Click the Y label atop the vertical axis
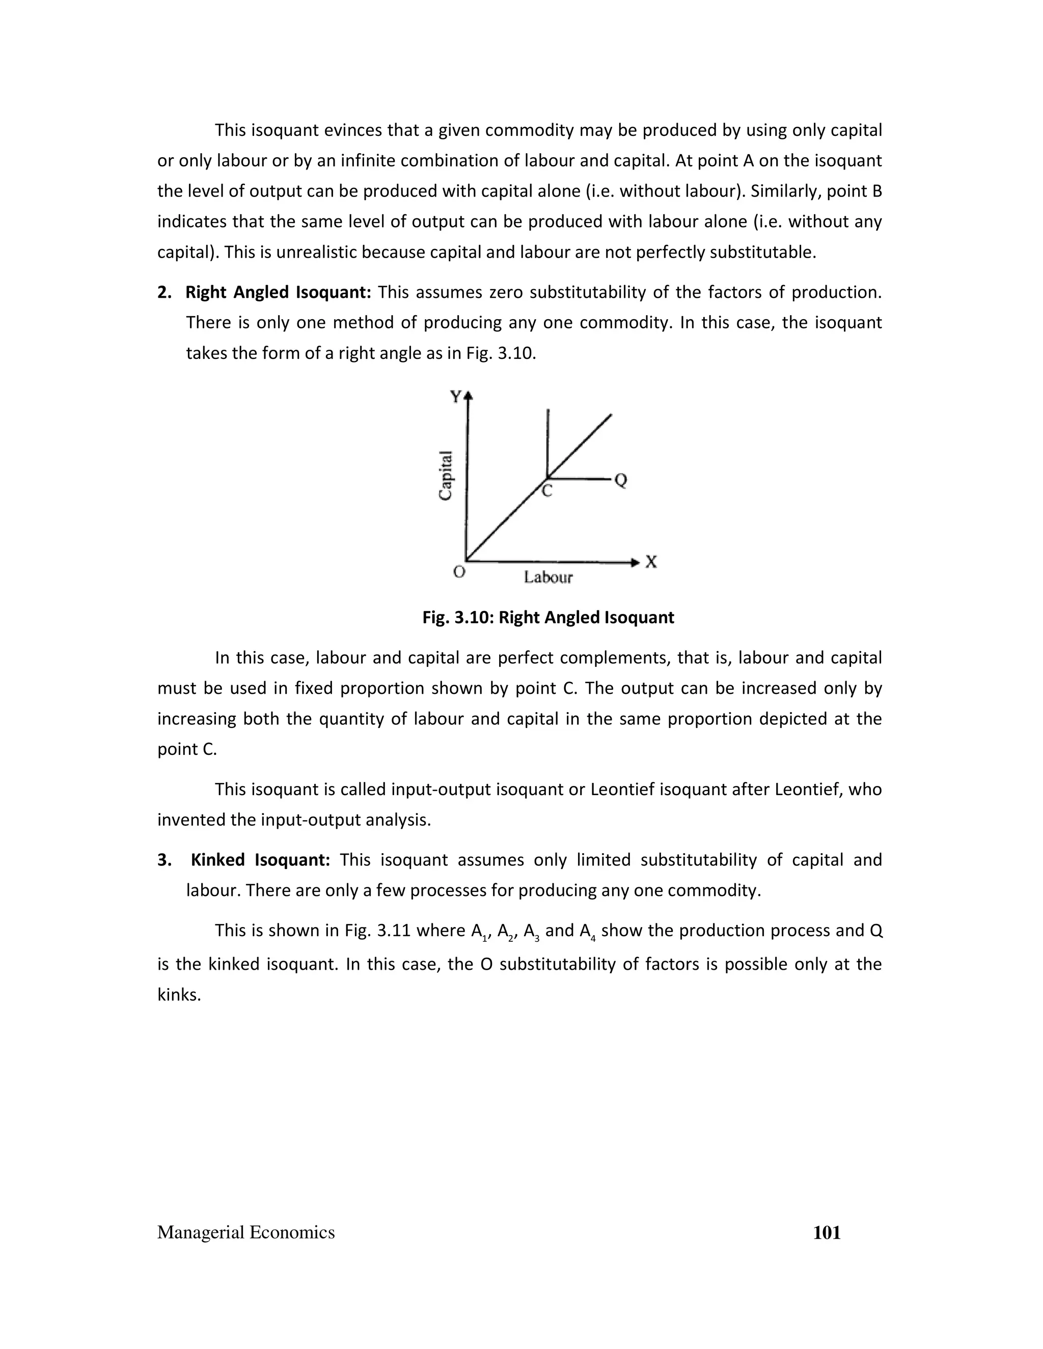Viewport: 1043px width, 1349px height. (456, 397)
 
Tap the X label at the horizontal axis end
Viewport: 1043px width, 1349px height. (651, 562)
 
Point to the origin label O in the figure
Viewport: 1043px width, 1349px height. (459, 573)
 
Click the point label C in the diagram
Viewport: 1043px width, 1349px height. (547, 492)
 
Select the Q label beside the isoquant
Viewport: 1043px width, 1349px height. (621, 480)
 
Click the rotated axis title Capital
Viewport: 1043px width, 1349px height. (446, 475)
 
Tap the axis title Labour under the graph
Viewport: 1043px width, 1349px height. (548, 578)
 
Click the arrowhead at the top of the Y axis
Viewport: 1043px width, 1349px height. (469, 396)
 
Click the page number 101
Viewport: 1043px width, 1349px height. (827, 1233)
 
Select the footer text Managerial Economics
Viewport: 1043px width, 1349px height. (246, 1233)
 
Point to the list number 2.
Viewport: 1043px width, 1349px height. (164, 292)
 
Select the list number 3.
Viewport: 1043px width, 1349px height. (164, 860)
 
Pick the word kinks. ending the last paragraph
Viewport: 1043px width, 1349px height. (179, 995)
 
